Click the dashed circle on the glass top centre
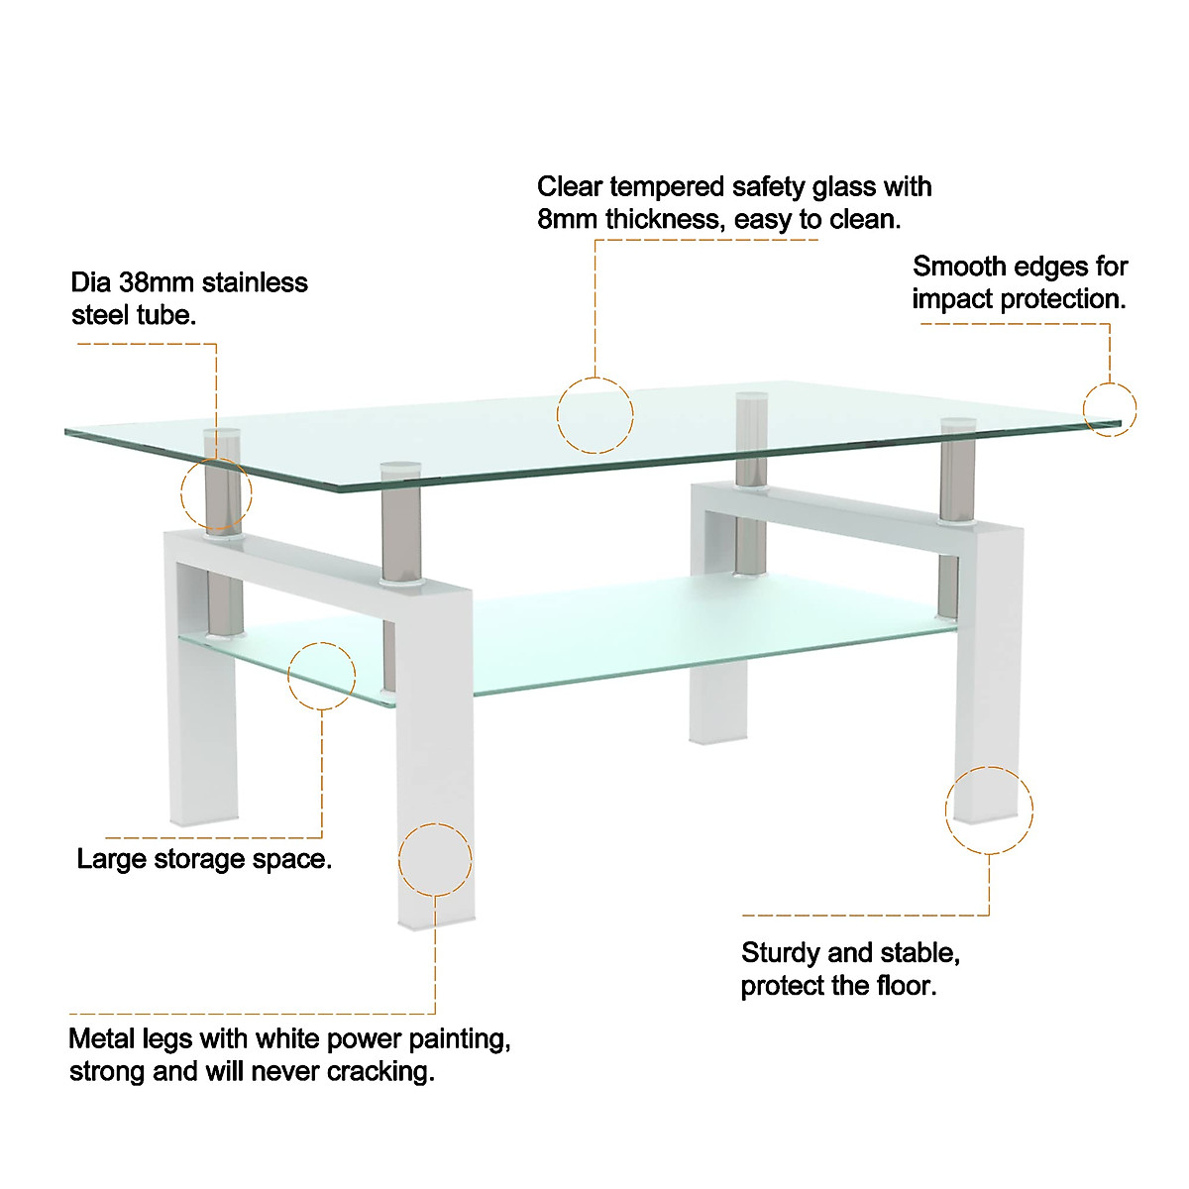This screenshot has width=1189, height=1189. coord(594,415)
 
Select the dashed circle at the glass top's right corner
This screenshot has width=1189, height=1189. coord(1109,409)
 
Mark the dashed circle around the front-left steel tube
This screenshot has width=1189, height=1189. coord(216,492)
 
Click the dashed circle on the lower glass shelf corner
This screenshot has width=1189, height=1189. coord(321,675)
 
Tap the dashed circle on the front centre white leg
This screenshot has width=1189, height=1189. coord(435,858)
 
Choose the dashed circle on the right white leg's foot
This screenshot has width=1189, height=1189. coord(988,810)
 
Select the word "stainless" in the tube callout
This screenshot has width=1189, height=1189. coord(255,282)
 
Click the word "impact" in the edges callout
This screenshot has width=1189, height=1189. coord(953,299)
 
